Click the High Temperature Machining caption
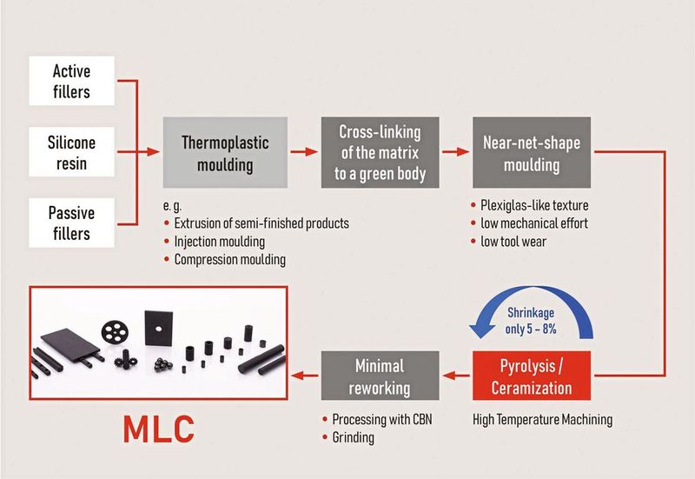click(542, 419)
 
